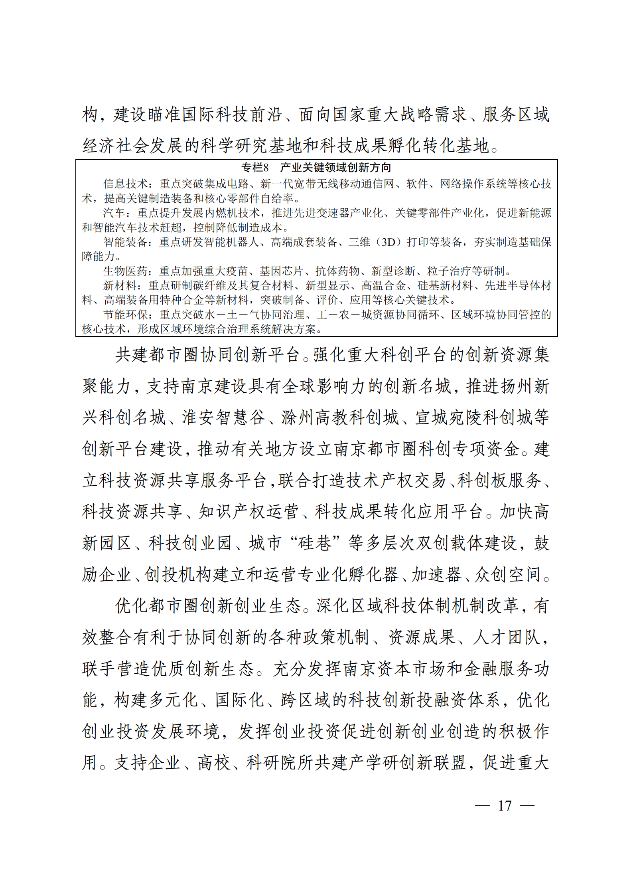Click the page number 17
tap(505, 805)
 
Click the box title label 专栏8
tap(255, 167)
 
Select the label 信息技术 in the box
tap(125, 184)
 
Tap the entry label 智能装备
tap(125, 242)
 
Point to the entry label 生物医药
tap(125, 271)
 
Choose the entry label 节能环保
tap(125, 314)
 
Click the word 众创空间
tap(507, 574)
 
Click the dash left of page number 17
tap(482, 805)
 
